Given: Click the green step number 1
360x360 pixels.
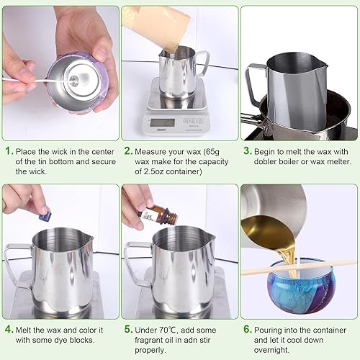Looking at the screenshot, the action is coord(8,151).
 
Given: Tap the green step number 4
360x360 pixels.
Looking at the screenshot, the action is coord(8,330).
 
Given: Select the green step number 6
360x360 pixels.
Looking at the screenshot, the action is coord(247,329).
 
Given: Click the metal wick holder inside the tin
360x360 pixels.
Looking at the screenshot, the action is coord(73,79).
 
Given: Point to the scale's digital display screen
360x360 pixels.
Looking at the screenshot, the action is coord(163,122).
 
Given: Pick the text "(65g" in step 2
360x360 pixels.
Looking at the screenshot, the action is coord(211,152).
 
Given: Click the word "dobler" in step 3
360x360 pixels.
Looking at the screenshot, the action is coord(265,161).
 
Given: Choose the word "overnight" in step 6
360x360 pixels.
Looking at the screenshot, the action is coord(271,350).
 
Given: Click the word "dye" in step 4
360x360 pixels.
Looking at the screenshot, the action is coord(60,341).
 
